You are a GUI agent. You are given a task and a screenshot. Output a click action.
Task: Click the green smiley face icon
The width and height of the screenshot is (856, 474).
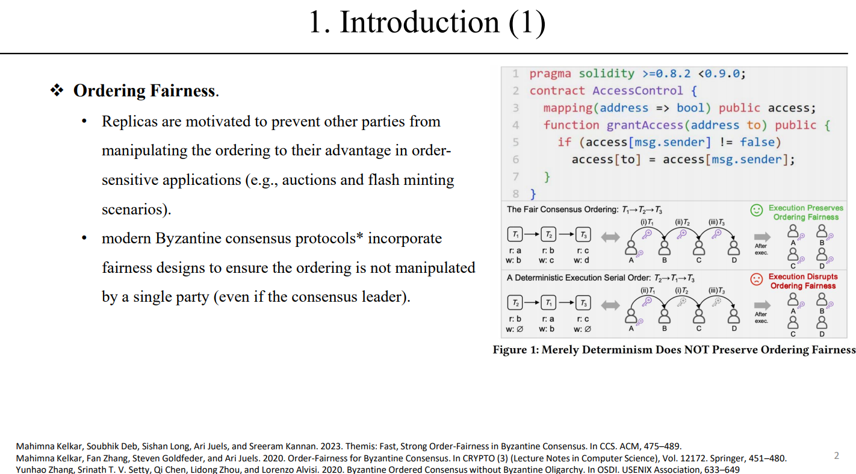click(x=756, y=210)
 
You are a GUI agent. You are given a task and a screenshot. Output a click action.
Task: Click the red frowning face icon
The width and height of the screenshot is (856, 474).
click(x=756, y=279)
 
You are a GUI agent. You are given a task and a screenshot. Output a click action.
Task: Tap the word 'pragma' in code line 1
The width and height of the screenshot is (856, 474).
click(x=550, y=73)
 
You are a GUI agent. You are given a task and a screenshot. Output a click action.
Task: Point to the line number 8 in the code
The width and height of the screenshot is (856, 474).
click(x=516, y=194)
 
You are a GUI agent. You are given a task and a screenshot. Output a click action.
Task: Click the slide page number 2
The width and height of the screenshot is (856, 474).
click(x=836, y=456)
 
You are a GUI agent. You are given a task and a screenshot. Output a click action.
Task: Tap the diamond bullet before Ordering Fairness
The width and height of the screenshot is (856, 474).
click(x=57, y=91)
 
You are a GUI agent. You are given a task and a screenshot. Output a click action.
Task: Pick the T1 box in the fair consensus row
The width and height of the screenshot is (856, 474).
click(x=516, y=234)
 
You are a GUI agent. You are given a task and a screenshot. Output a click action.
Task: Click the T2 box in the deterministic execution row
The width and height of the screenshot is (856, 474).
click(x=516, y=303)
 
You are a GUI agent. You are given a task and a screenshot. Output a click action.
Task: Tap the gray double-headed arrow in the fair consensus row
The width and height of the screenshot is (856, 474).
click(x=610, y=237)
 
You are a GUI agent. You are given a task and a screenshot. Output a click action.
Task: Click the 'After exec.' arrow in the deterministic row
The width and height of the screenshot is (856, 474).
click(x=762, y=305)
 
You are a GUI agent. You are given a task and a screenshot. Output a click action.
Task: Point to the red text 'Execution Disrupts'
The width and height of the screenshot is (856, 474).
click(x=803, y=277)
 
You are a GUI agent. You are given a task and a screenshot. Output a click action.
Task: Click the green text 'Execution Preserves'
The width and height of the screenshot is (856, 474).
click(x=805, y=208)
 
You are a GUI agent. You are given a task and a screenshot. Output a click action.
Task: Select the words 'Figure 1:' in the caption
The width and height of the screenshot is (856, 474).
click(x=515, y=350)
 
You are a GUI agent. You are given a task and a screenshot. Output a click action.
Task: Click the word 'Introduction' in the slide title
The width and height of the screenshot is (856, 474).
click(x=420, y=22)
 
